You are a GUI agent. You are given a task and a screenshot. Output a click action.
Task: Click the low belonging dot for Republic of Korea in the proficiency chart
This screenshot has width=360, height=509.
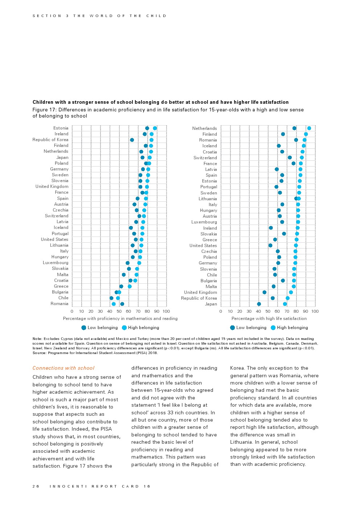[x=132, y=140]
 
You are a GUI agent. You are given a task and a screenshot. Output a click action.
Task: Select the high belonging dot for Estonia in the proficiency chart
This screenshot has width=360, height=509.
[x=155, y=128]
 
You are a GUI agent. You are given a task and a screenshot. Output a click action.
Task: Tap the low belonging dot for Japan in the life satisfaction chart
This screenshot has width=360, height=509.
[x=259, y=304]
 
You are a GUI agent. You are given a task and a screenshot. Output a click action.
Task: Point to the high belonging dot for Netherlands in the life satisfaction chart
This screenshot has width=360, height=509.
[x=309, y=128]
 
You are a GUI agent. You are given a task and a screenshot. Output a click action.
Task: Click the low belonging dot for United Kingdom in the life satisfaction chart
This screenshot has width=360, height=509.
[x=264, y=292]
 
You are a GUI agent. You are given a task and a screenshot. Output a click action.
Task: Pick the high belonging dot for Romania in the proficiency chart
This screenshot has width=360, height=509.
[x=114, y=304]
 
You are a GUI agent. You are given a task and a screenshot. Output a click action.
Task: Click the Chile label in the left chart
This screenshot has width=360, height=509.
[x=63, y=298]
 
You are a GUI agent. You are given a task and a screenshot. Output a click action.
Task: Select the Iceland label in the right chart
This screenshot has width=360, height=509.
[x=209, y=146]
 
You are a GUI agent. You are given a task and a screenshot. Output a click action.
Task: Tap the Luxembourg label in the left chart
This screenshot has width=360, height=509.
[x=55, y=263]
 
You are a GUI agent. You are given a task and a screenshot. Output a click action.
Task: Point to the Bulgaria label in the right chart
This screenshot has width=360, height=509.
[x=209, y=281]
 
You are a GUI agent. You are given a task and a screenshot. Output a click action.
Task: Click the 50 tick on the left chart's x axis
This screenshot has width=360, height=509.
[x=119, y=311]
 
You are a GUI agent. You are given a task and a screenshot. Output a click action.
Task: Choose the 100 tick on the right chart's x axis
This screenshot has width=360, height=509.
[x=315, y=311]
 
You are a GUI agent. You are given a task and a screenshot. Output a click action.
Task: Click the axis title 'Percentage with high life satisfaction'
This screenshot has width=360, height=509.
[x=269, y=319]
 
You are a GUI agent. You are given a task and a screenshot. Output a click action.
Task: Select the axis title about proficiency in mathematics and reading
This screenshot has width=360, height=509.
[x=120, y=319]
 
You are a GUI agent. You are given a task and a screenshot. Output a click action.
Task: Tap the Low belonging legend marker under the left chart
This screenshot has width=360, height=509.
[x=84, y=328]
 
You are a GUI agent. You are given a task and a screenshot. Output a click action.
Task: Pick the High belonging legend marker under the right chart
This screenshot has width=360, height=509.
[x=273, y=328]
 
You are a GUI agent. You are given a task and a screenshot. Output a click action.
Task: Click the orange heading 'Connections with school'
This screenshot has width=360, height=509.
[x=64, y=368]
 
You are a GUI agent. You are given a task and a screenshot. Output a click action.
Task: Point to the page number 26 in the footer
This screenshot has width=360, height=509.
[x=36, y=486]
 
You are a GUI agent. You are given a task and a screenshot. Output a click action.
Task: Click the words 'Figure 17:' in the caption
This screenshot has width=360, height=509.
[x=45, y=110]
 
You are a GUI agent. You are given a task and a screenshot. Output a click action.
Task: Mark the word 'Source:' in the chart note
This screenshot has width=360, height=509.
[x=39, y=353]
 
